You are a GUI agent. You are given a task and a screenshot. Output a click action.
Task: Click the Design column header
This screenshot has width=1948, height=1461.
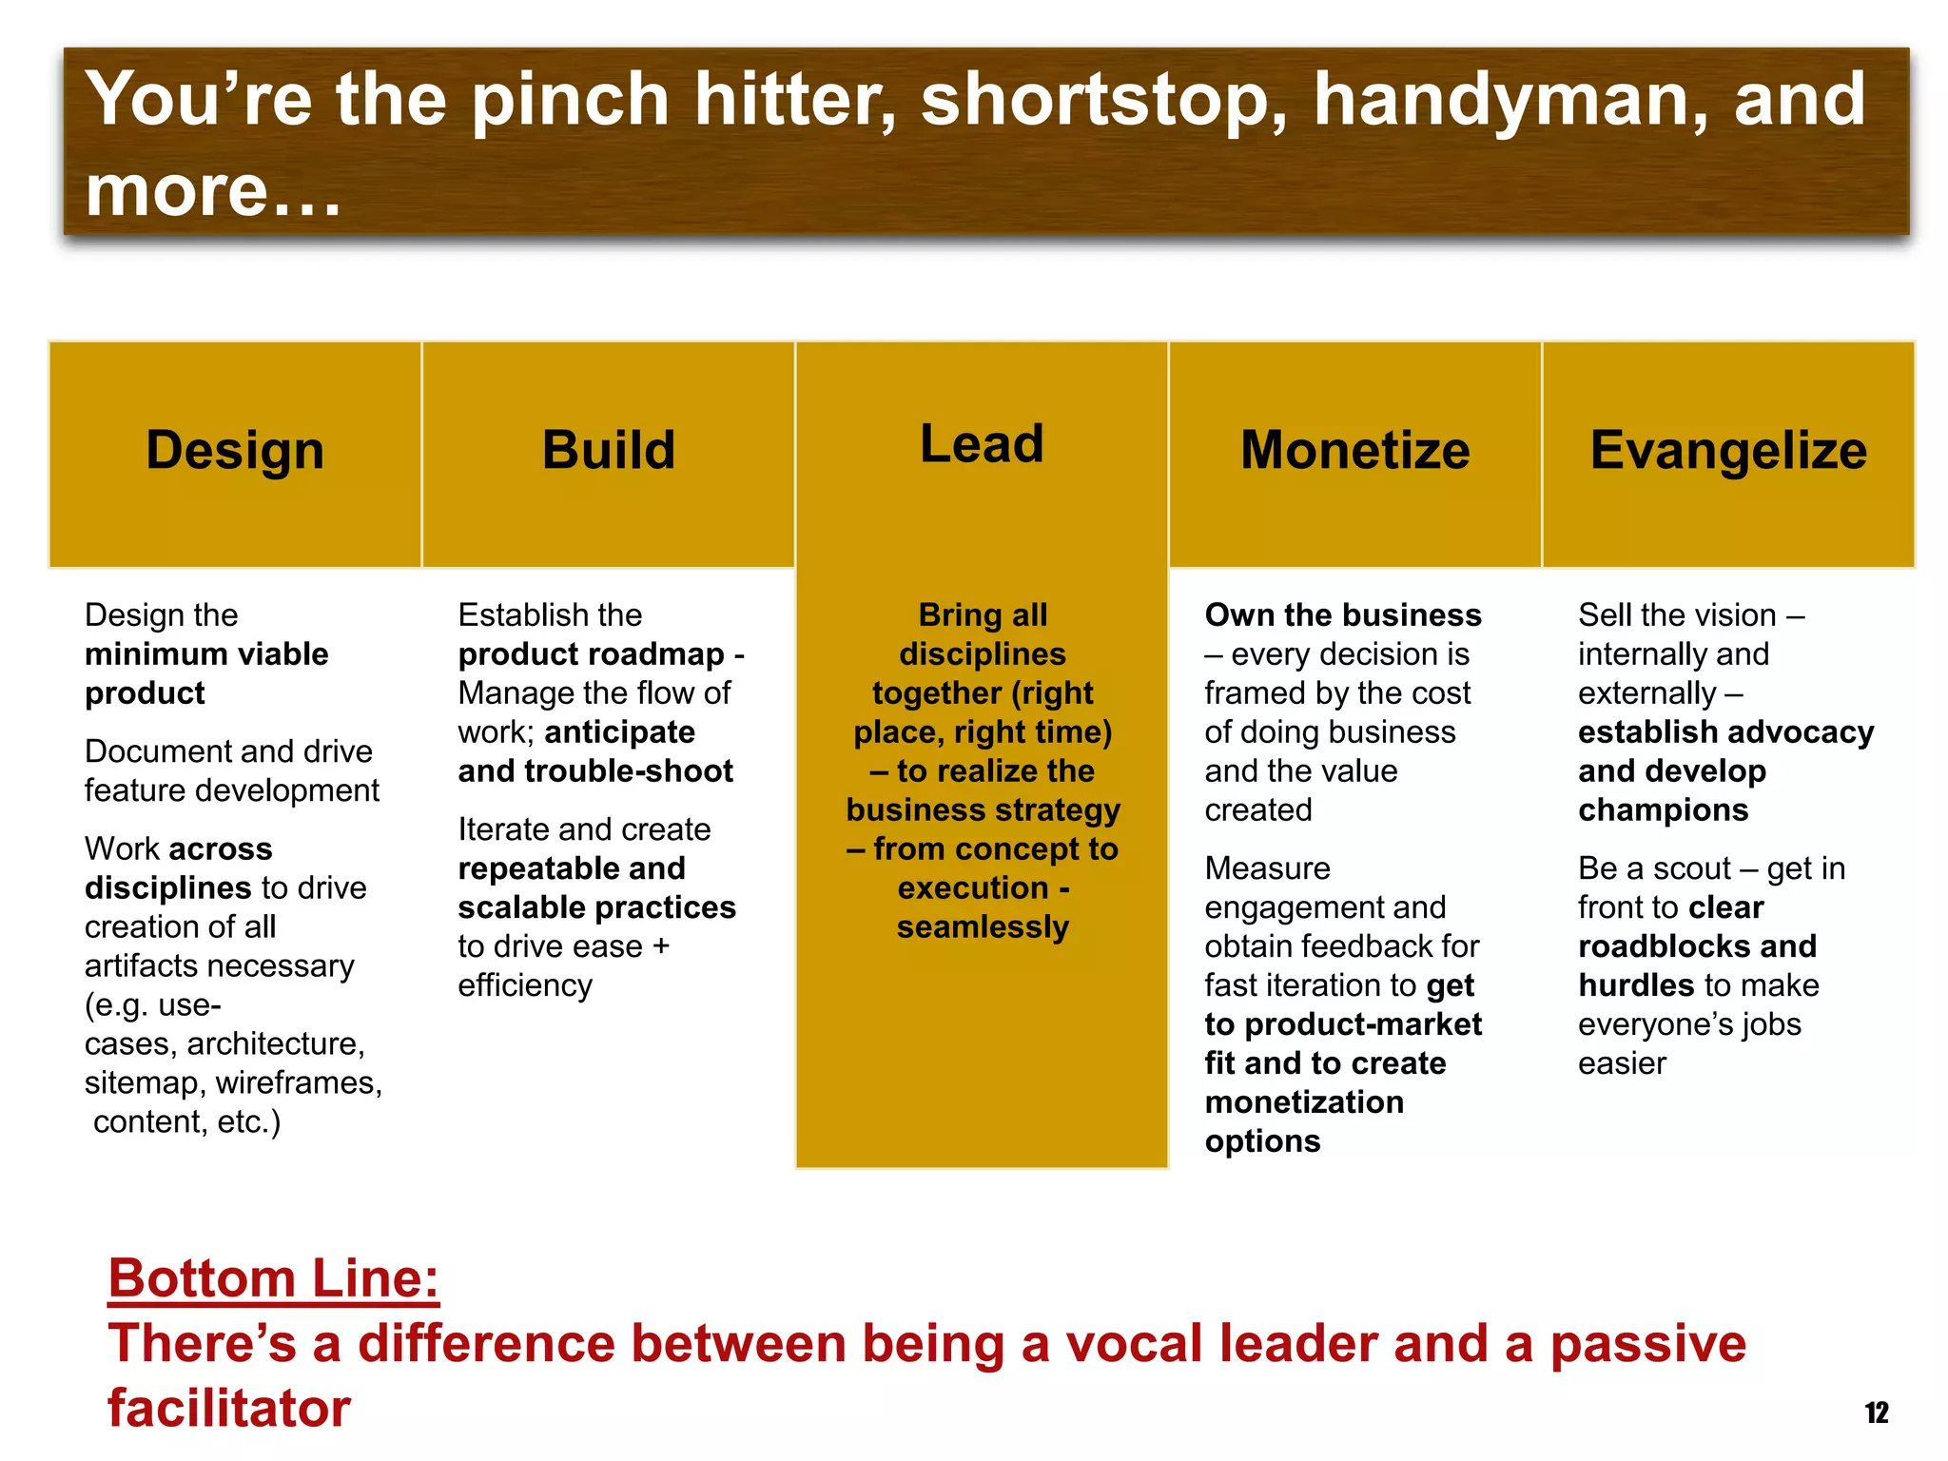tap(235, 450)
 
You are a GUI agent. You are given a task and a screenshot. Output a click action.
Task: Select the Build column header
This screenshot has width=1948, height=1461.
tap(608, 450)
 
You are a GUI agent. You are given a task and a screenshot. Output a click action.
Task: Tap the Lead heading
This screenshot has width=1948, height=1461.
tap(982, 444)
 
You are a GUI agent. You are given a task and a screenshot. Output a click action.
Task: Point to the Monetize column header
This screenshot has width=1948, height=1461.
tap(1354, 450)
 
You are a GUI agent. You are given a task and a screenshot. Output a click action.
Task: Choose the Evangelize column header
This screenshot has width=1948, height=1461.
tap(1728, 450)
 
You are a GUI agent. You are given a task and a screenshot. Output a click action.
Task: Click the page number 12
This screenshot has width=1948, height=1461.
tap(1877, 1412)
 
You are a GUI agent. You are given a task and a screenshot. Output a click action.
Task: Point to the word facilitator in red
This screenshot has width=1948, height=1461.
tap(229, 1408)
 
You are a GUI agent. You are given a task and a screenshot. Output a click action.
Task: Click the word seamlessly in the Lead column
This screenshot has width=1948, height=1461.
tap(983, 926)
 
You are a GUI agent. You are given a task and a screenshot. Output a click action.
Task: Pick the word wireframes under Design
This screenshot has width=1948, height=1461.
tap(299, 1082)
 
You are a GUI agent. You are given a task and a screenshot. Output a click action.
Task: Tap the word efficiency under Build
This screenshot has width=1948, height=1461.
tap(525, 985)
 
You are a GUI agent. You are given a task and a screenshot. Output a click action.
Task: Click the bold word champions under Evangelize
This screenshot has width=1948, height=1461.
tap(1663, 809)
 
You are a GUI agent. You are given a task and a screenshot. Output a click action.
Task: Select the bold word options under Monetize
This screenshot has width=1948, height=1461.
tap(1262, 1140)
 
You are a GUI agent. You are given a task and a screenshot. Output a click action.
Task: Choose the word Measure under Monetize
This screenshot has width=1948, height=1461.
tap(1267, 868)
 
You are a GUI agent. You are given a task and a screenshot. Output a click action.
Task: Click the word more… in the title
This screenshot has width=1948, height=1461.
tap(213, 190)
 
